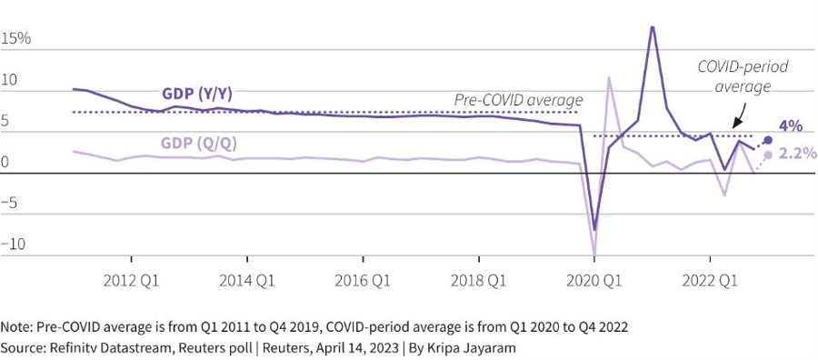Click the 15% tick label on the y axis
tap(16, 39)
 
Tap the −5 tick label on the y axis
tap(13, 203)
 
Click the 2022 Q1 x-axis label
tap(709, 281)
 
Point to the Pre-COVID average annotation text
tap(519, 99)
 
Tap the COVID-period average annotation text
tap(743, 76)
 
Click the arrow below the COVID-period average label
tap(738, 116)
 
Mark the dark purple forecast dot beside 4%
tap(768, 140)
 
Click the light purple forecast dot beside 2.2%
tap(768, 155)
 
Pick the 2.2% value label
tap(797, 154)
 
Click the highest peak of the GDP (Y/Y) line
tap(652, 26)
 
